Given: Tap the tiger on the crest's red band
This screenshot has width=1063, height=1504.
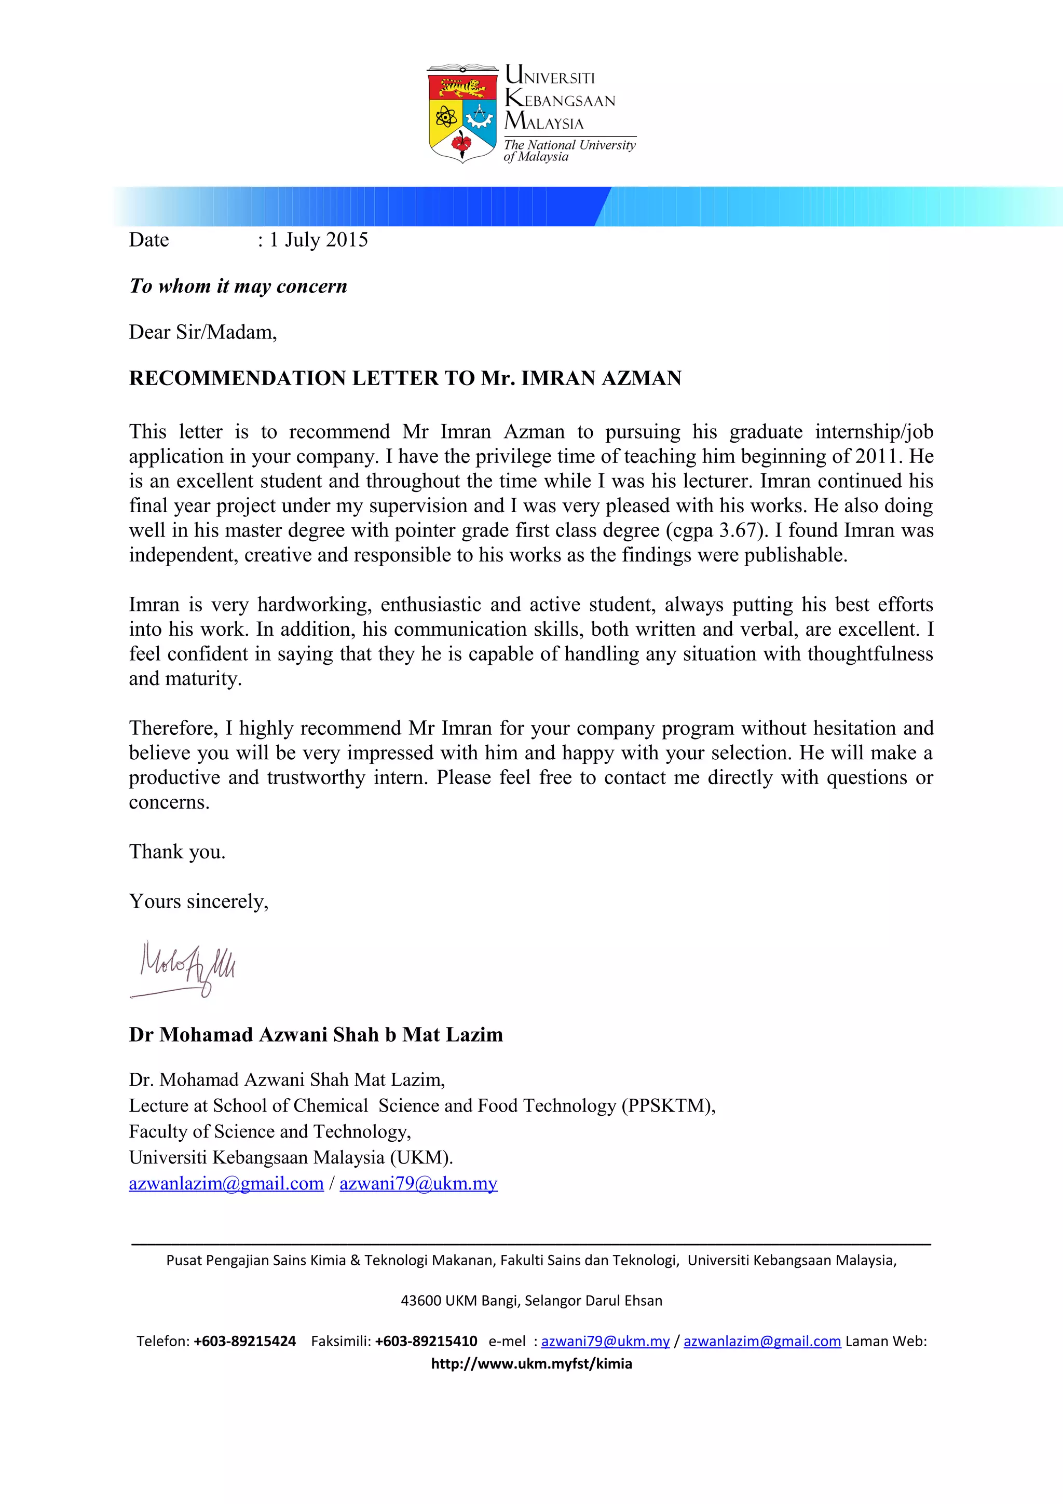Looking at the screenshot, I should click(462, 87).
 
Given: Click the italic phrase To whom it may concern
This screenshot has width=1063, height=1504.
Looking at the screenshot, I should click(238, 286).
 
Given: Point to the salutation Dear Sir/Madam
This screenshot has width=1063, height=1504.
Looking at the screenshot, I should click(202, 332).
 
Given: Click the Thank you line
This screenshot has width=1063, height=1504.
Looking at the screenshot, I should click(177, 852).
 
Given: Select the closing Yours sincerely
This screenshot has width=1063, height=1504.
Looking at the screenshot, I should click(198, 901).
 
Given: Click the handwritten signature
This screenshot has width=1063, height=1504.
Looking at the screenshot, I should click(187, 967).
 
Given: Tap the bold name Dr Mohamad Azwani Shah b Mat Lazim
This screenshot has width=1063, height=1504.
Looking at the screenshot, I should click(316, 1034).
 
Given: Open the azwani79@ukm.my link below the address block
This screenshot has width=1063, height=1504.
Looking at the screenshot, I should click(418, 1184).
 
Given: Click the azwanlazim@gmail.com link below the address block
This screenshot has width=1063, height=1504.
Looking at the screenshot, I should click(226, 1184).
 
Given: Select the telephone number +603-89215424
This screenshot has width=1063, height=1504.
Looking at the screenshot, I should click(244, 1341).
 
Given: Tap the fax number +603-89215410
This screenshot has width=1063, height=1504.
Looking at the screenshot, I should click(426, 1341).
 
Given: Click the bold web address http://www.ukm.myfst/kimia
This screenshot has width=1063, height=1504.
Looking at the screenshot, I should click(531, 1364).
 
